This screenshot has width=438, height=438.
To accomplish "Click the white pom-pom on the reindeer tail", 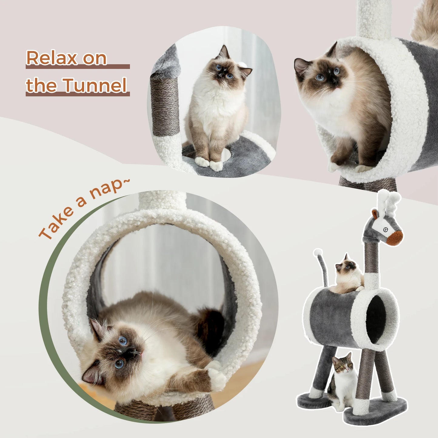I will click(x=318, y=252).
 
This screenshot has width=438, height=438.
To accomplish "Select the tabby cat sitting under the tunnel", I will click(x=343, y=382).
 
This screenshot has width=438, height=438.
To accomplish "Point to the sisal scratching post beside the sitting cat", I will click(x=165, y=106).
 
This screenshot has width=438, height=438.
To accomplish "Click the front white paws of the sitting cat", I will click(x=209, y=164).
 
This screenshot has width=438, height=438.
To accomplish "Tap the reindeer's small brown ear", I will click(x=375, y=214).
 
